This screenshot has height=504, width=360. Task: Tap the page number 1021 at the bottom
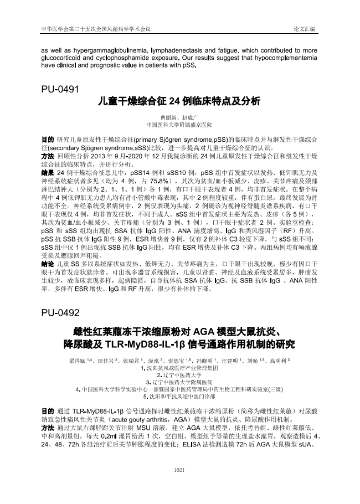179,485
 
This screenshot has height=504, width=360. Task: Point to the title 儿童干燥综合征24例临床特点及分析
179,102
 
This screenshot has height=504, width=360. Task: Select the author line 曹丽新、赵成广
179,119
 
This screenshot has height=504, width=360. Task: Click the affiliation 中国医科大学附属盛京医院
179,126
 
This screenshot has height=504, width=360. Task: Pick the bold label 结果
48,173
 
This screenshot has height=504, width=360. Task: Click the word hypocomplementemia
286,58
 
